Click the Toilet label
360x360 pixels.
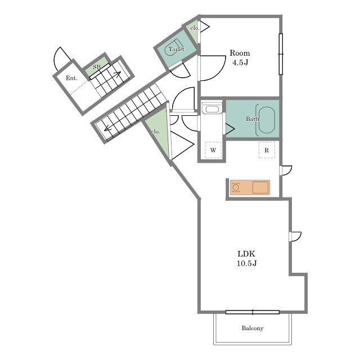[176, 49]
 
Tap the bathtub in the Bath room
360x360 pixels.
[267, 120]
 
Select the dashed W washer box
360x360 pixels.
[213, 150]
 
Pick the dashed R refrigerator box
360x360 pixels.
[267, 150]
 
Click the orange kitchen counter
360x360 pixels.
[250, 187]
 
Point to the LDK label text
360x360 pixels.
[246, 254]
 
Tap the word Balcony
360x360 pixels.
[253, 328]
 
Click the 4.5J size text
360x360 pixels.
[240, 62]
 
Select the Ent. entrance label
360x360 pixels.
[71, 78]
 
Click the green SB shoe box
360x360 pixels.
[96, 66]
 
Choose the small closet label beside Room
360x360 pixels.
[195, 28]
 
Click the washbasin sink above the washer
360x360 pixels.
[212, 109]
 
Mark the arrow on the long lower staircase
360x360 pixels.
[109, 129]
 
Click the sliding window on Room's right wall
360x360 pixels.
[281, 54]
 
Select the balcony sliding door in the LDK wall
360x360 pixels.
[253, 312]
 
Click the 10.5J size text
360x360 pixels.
[246, 263]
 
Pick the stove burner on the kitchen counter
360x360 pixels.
[236, 187]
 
